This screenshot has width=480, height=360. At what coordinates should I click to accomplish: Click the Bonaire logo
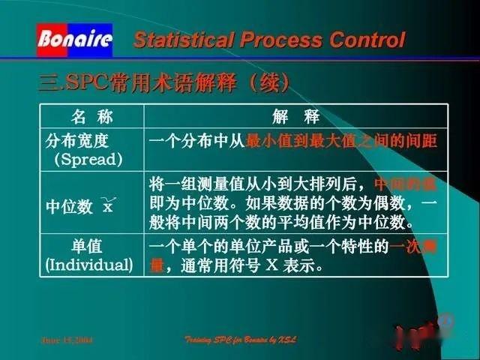[x=74, y=39]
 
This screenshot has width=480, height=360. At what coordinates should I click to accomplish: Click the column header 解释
[x=296, y=116]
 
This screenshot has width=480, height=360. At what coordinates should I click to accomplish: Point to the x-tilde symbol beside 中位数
[x=109, y=205]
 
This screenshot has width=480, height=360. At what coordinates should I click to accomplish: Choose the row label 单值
[x=87, y=247]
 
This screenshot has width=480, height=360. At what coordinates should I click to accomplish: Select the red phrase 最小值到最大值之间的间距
[x=341, y=141]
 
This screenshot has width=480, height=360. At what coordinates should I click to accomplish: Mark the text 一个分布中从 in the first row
[x=197, y=141]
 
